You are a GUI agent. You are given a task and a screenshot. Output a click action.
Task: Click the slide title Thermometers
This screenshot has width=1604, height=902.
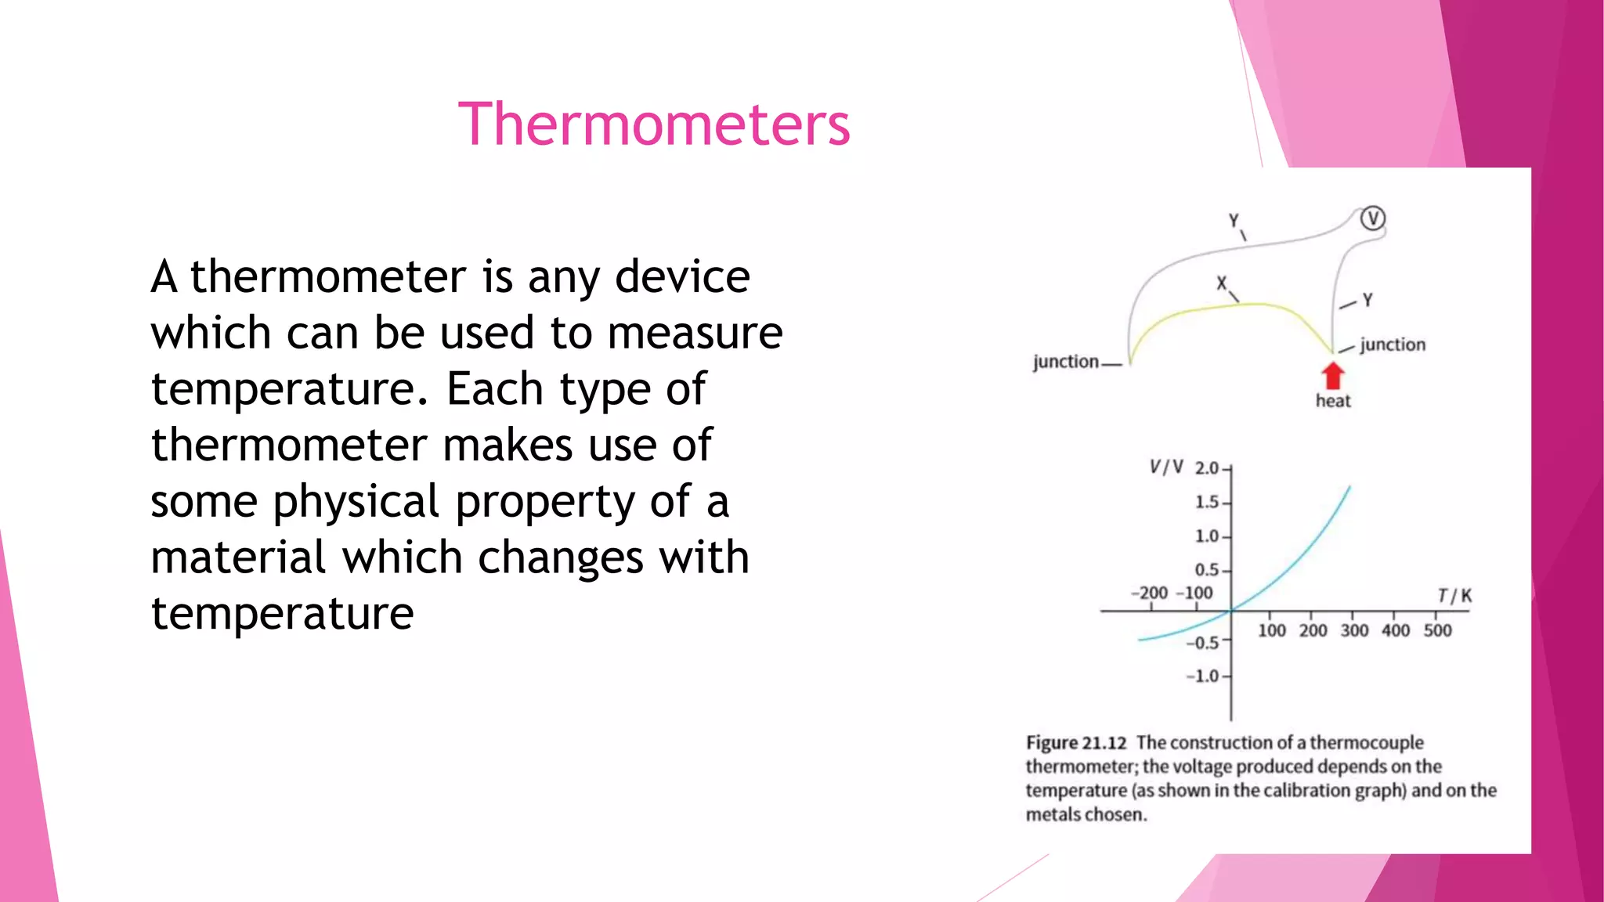pyautogui.click(x=654, y=124)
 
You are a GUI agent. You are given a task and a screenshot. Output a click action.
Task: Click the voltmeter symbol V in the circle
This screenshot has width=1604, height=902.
pyautogui.click(x=1372, y=218)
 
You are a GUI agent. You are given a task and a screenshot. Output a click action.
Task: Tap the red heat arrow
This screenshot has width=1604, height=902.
pyautogui.click(x=1332, y=375)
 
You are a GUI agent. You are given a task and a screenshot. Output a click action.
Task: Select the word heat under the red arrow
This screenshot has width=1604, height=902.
pyautogui.click(x=1333, y=401)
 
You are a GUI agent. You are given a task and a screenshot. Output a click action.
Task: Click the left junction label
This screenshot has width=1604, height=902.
pyautogui.click(x=1065, y=362)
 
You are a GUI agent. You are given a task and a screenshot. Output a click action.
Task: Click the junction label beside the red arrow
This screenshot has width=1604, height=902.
pyautogui.click(x=1393, y=345)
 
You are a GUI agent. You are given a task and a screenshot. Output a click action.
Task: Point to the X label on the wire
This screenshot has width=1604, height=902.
pyautogui.click(x=1221, y=283)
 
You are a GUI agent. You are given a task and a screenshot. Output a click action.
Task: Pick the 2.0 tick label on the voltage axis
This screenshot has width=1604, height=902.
pyautogui.click(x=1206, y=468)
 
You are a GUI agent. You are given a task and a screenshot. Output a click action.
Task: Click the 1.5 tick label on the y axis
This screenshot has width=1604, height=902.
pyautogui.click(x=1206, y=502)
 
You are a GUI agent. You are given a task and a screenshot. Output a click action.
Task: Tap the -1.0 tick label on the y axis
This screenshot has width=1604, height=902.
pyautogui.click(x=1202, y=676)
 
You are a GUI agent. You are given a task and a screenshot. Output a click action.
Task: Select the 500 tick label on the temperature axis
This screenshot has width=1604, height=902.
pyautogui.click(x=1437, y=630)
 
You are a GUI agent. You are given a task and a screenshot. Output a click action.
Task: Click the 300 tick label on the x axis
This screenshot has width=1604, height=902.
pyautogui.click(x=1354, y=630)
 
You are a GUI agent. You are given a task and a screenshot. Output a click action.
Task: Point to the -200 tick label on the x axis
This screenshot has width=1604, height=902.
pyautogui.click(x=1149, y=593)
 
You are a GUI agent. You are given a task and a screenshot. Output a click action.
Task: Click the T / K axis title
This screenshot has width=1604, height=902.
pyautogui.click(x=1454, y=596)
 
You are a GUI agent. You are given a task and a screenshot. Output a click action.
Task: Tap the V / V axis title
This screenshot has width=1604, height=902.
pyautogui.click(x=1165, y=467)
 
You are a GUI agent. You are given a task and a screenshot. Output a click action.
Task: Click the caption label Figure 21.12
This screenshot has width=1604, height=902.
pyautogui.click(x=1076, y=742)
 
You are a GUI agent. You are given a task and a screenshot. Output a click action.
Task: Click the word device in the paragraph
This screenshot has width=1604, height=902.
pyautogui.click(x=682, y=276)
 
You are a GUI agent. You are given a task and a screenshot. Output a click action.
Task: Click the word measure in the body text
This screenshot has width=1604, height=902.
pyautogui.click(x=695, y=333)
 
